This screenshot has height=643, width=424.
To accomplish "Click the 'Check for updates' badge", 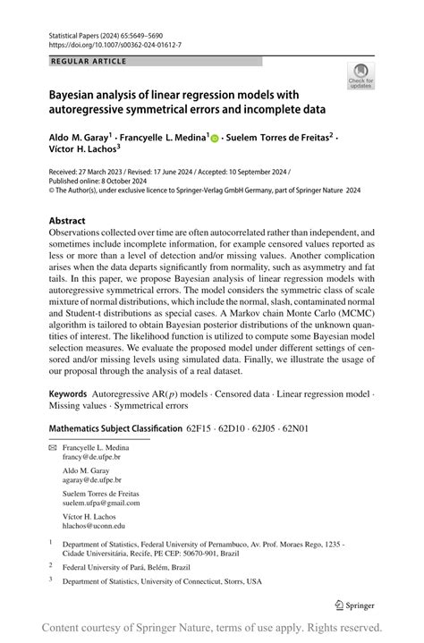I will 360,75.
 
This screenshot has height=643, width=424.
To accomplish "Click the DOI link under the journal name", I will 98,44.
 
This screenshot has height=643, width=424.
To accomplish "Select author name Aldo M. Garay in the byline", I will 78,138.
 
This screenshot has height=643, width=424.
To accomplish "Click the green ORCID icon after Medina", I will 216,138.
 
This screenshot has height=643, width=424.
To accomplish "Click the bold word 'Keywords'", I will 72,394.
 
